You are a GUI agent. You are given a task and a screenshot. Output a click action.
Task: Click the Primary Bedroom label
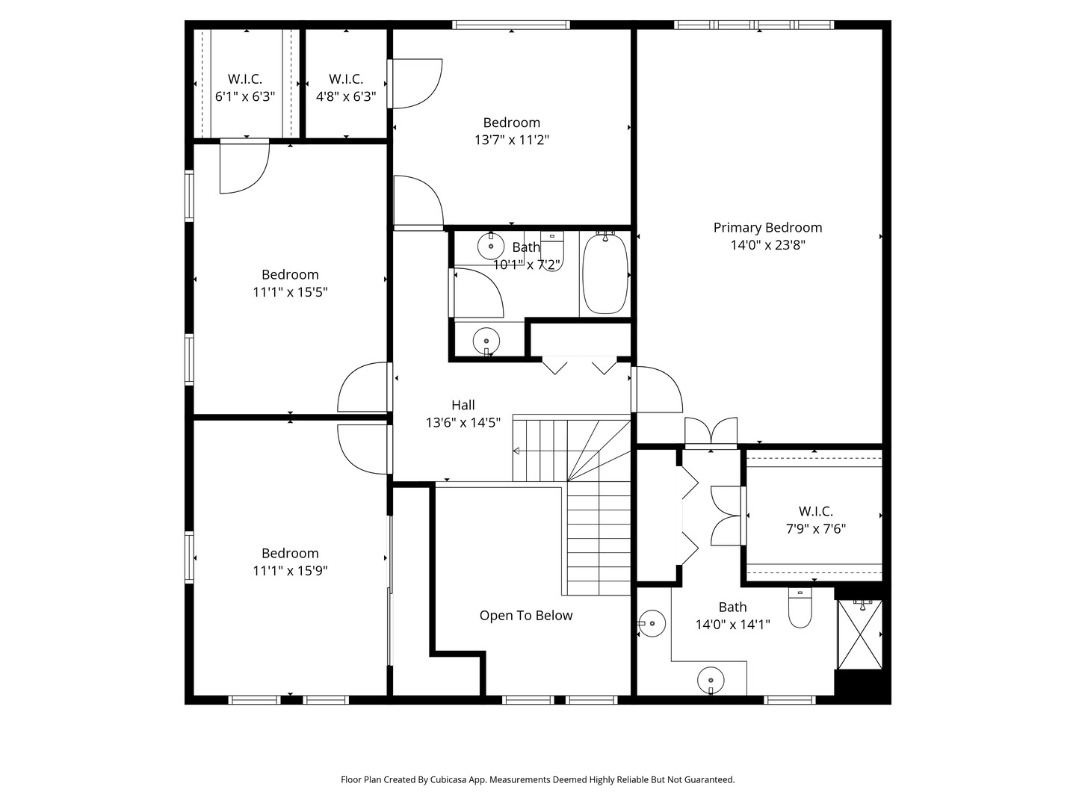click(x=767, y=228)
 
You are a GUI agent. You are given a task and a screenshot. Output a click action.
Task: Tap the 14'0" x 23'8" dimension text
click(x=768, y=245)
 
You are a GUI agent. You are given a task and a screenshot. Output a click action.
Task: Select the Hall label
click(x=463, y=405)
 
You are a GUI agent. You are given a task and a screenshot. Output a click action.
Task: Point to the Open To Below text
click(x=526, y=616)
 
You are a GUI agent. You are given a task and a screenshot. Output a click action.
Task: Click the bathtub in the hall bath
click(x=605, y=274)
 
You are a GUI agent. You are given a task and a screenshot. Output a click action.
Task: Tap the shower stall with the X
click(x=860, y=634)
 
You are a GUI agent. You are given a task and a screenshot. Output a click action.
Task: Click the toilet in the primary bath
click(x=800, y=607)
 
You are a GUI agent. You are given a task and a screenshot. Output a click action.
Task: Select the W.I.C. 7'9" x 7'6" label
click(x=816, y=520)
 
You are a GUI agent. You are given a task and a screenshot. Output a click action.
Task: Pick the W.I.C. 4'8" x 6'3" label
click(x=346, y=87)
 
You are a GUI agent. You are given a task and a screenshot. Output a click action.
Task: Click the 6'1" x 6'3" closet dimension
click(x=245, y=96)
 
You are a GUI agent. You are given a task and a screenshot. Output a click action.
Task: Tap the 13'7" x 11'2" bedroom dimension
click(x=512, y=140)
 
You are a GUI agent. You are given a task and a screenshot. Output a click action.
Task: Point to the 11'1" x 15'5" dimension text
click(x=290, y=292)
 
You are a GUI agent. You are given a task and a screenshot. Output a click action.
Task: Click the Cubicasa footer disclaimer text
click(x=538, y=779)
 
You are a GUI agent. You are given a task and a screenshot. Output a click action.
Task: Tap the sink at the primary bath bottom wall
click(x=711, y=681)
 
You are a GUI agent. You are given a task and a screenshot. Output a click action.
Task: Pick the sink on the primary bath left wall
click(x=652, y=624)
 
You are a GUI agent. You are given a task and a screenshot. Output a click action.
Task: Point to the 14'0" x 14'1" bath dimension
click(x=733, y=625)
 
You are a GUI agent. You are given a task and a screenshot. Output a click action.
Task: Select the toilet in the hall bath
click(x=552, y=251)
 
